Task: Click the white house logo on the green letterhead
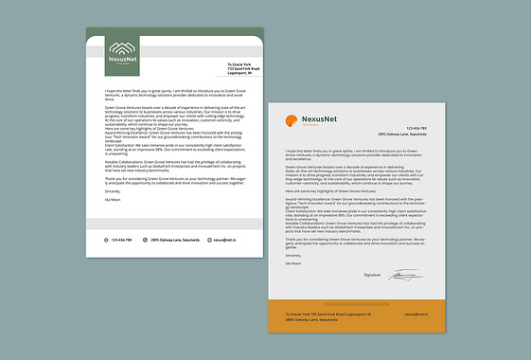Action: [122, 47]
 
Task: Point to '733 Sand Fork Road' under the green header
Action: [243, 69]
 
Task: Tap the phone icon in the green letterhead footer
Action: [107, 240]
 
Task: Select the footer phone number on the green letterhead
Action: [121, 240]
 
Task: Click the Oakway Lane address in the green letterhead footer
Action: [171, 240]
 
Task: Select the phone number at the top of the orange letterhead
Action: [417, 128]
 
